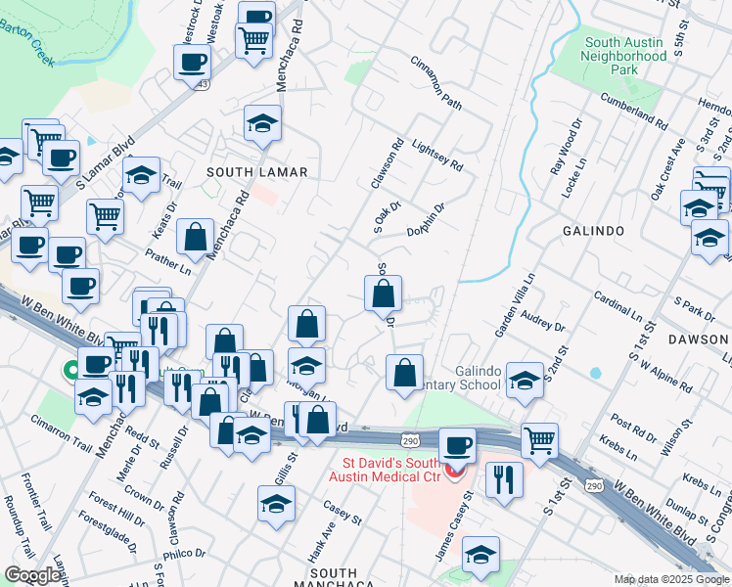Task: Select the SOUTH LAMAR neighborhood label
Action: point(257,172)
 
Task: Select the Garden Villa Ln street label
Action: point(515,305)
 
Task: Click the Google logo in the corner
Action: point(32,575)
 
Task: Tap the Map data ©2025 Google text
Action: point(670,579)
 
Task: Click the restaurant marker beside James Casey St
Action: point(504,478)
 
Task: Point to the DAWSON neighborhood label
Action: point(700,339)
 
